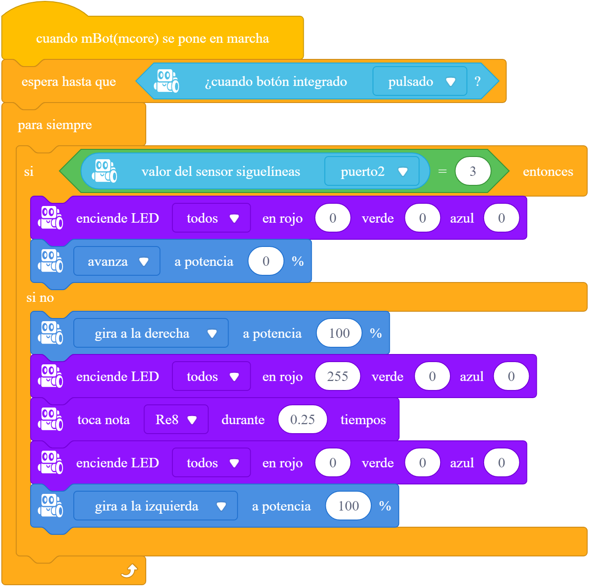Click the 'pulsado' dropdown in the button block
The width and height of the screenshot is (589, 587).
(420, 81)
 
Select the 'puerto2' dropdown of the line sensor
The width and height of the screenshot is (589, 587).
(372, 171)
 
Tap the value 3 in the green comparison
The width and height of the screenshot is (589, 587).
(472, 171)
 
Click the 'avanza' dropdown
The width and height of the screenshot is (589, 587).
(117, 261)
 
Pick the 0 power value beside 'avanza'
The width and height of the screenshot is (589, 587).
(266, 261)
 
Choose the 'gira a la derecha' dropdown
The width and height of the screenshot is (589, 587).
(151, 333)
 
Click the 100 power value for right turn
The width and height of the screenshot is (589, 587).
(339, 333)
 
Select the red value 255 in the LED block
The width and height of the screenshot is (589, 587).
(337, 376)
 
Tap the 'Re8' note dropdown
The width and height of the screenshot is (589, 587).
(176, 420)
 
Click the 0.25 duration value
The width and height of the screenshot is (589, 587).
(302, 420)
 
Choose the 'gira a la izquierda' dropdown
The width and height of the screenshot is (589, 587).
(156, 506)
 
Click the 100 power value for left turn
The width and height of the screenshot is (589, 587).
(348, 506)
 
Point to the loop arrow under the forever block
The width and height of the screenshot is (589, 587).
(129, 571)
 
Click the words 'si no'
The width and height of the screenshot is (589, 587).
(40, 297)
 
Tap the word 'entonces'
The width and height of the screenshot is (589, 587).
(548, 171)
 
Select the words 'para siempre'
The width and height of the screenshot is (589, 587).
(55, 125)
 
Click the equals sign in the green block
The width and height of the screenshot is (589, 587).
(442, 171)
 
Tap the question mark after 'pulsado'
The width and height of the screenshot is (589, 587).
(477, 81)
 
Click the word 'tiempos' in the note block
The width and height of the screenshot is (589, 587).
(363, 420)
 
